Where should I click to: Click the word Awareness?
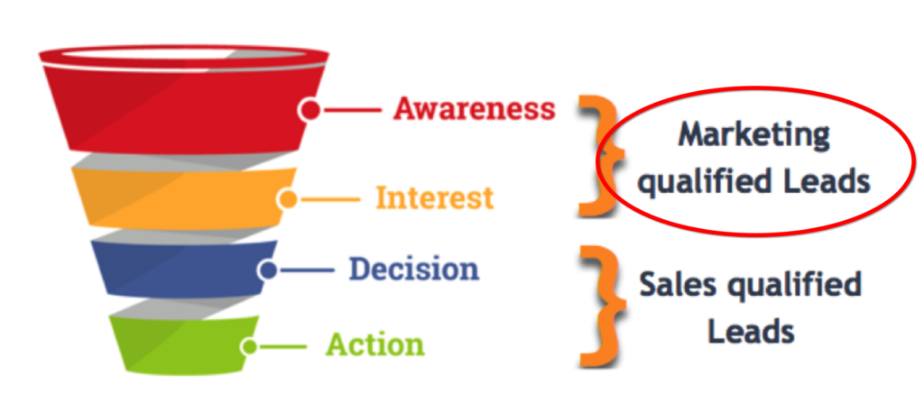click(475, 109)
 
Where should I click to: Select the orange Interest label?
click(435, 197)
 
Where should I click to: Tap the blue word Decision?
click(413, 270)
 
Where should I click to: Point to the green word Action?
click(375, 344)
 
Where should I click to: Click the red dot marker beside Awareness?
click(310, 109)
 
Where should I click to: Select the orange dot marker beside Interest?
click(288, 199)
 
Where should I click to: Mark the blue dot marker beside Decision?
click(268, 270)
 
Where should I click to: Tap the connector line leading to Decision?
click(307, 270)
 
